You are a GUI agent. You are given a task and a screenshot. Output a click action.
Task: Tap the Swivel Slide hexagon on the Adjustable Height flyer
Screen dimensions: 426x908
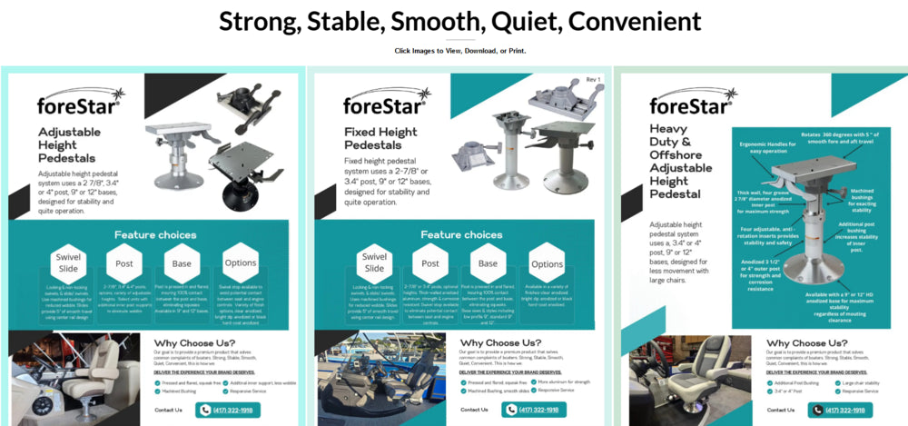coord(68,260)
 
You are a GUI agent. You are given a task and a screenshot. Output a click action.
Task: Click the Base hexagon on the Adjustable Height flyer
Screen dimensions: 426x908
coord(182,263)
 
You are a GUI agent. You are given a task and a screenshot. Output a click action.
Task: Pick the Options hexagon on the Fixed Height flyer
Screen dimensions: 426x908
coord(547,264)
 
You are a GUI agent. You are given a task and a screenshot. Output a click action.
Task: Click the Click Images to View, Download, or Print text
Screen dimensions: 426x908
coord(460,51)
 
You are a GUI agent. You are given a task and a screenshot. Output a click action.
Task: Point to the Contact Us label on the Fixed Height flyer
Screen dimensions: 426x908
coord(474,410)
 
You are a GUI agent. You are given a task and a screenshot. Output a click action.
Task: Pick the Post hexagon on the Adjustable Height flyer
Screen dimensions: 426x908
coord(124,263)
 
